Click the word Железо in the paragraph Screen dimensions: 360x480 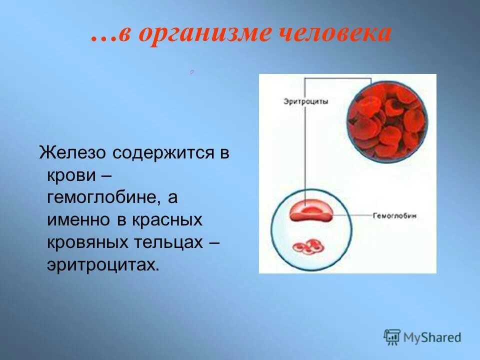[73, 152]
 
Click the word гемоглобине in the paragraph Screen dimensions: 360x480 [104, 197]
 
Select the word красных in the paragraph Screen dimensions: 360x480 [167, 220]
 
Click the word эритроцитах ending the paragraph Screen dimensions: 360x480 [102, 265]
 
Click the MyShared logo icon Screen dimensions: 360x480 [392, 337]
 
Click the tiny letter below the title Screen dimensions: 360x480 [191, 73]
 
